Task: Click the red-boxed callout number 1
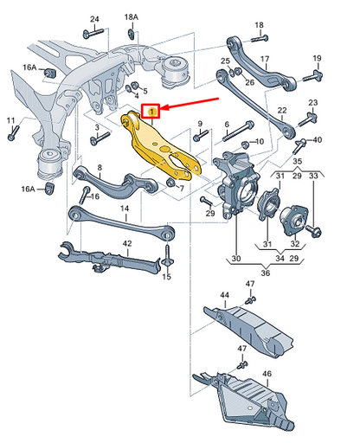[153, 110]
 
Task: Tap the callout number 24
[94, 19]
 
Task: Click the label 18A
[131, 17]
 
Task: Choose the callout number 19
[317, 58]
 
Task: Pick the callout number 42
[126, 243]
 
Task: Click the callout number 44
[224, 295]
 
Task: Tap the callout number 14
[124, 209]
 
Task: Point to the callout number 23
[313, 104]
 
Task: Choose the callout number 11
[10, 119]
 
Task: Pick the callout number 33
[313, 177]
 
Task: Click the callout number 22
[281, 111]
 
